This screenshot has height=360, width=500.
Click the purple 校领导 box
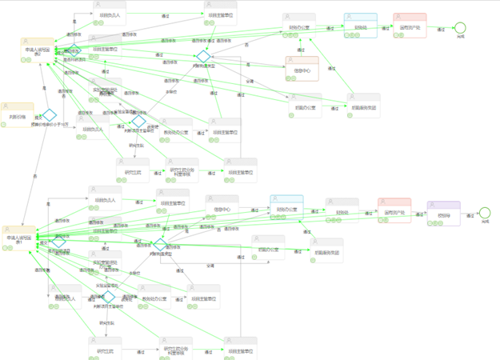point(443,214)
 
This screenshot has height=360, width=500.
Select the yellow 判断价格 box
point(17,115)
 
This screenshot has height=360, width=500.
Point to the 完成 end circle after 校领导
point(484,213)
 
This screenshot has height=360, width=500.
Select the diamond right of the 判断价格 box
point(50,115)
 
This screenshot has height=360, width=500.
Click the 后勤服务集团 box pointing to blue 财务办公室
point(326,250)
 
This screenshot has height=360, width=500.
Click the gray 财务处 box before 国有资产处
point(342,212)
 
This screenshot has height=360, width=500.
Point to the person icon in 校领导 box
point(443,205)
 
